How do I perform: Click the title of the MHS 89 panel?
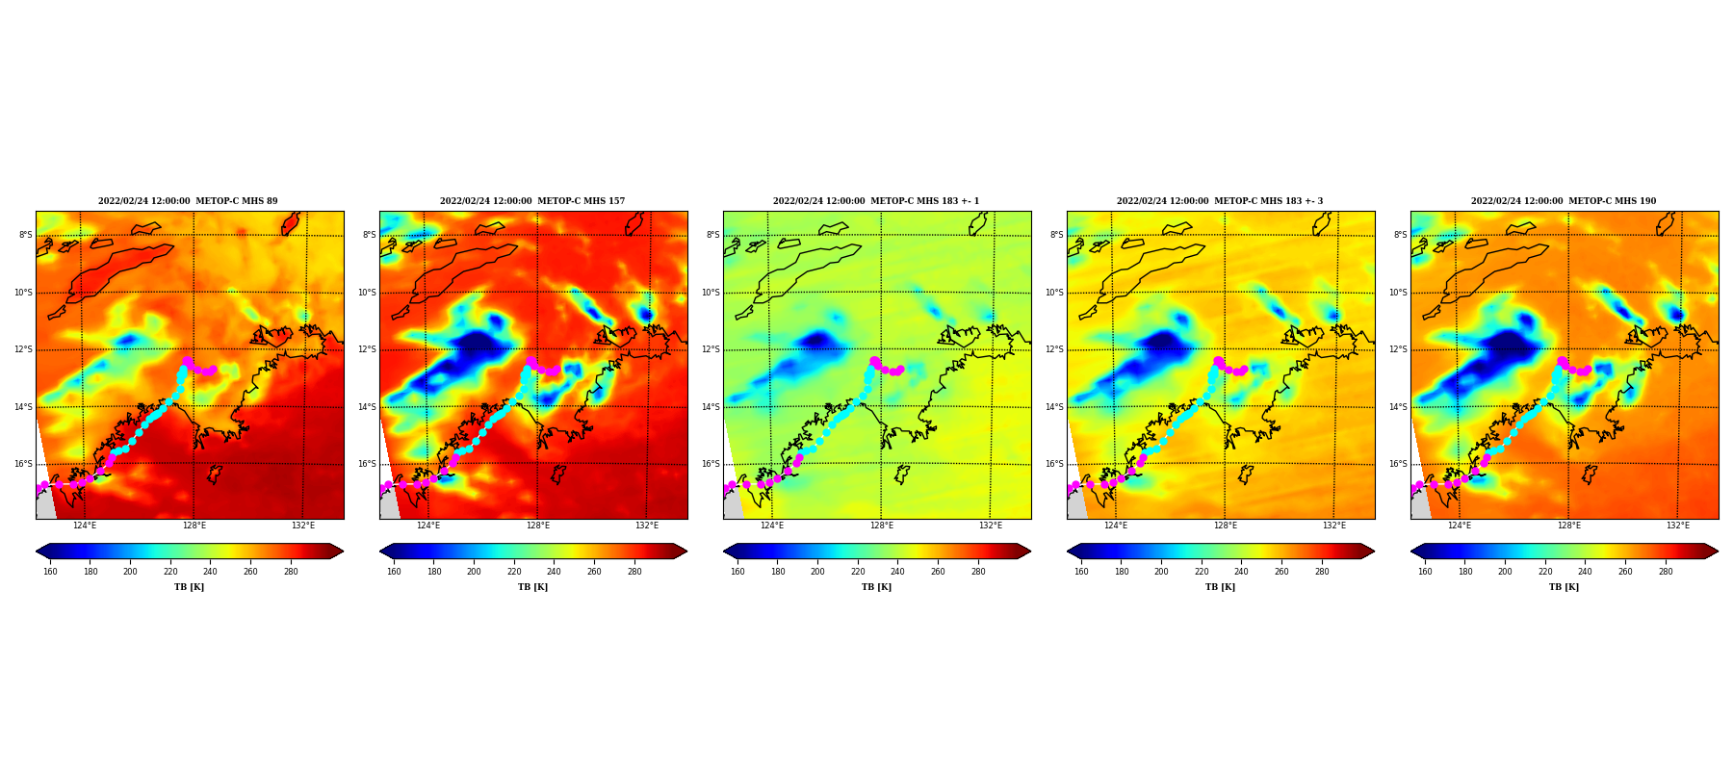[188, 201]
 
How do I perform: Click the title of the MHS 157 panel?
[532, 201]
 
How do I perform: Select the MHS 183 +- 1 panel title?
[876, 201]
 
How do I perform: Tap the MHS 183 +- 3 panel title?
[1220, 201]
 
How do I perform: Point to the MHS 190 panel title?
[1564, 201]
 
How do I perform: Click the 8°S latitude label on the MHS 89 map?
[25, 235]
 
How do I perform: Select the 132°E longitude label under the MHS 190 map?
[1678, 526]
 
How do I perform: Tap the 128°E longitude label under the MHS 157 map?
[538, 526]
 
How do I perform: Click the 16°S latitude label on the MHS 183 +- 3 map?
[1054, 464]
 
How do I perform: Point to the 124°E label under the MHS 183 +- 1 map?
[772, 526]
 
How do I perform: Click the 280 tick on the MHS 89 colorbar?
[291, 572]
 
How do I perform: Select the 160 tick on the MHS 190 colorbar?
[1425, 572]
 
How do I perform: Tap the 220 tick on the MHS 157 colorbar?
[514, 572]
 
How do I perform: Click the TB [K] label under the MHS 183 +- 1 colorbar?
[876, 587]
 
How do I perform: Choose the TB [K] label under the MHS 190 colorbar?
[1564, 587]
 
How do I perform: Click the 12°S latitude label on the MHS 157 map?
[367, 349]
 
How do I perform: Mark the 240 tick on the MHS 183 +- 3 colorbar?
[1241, 572]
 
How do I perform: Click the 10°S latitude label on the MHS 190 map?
[1398, 293]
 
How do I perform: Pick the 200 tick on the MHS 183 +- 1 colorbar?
[817, 572]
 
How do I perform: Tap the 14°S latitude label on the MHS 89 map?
[23, 407]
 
